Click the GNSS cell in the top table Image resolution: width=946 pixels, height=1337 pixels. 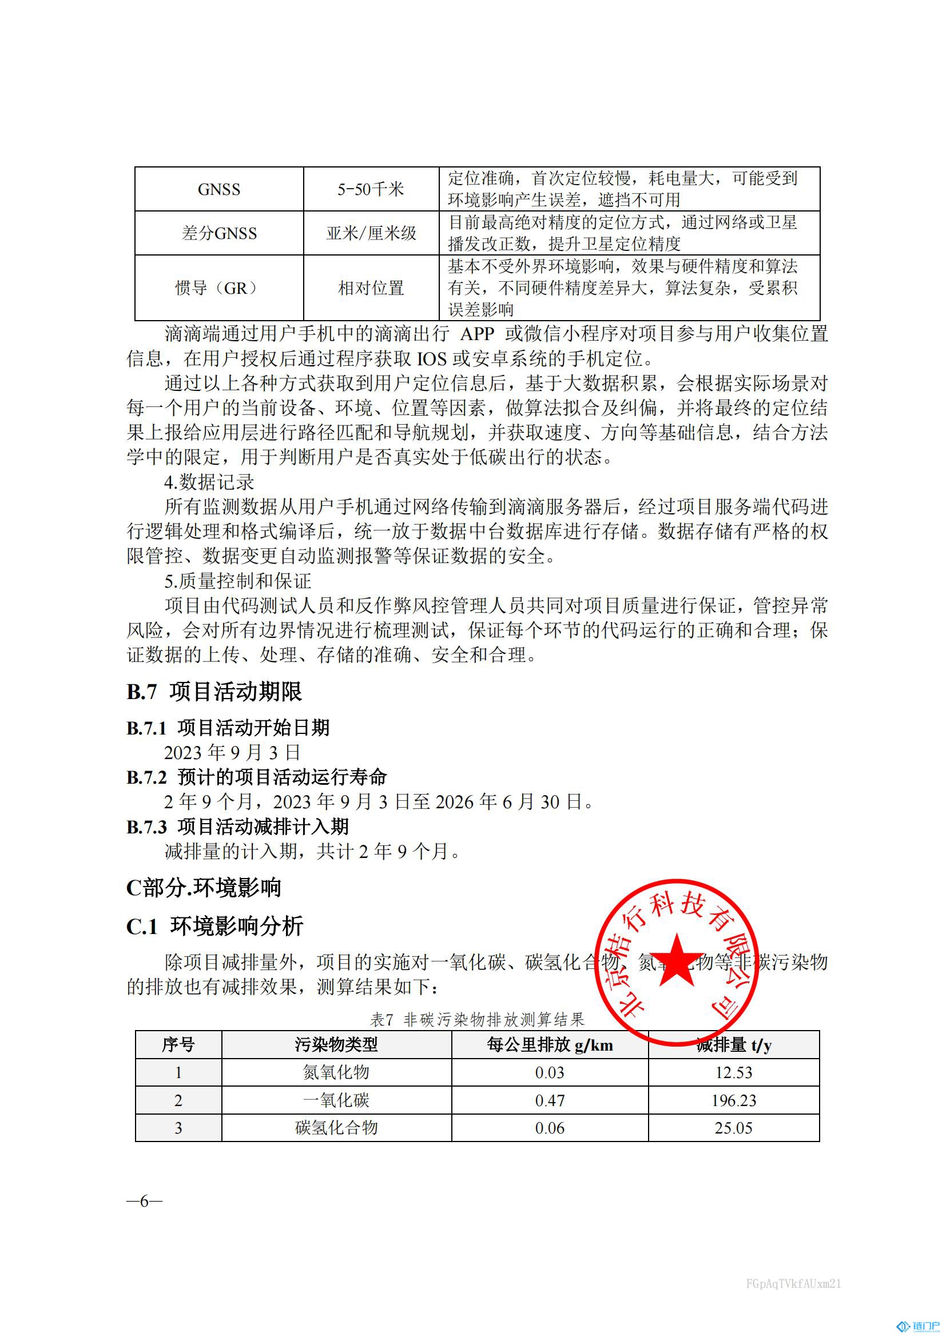219,189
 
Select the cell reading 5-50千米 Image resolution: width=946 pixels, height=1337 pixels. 371,189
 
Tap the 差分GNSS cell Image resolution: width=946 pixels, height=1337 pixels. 219,233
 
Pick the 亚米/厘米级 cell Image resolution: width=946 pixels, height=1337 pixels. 371,233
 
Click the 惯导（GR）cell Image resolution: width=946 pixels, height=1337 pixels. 219,288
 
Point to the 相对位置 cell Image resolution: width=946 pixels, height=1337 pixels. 371,288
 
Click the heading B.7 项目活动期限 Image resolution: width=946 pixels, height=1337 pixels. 214,691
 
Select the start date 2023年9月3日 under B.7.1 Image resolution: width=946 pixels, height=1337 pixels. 232,752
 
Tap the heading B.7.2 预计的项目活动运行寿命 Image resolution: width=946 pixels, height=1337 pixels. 256,777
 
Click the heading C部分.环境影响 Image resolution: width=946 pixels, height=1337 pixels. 204,888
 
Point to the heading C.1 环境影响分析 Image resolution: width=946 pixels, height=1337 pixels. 214,926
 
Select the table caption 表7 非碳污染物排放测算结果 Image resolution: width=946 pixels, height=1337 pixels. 476,1020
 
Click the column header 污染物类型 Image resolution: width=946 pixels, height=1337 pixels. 336,1045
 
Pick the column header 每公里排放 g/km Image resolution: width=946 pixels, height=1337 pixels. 550,1045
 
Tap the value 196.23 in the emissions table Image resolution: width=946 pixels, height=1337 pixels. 733,1100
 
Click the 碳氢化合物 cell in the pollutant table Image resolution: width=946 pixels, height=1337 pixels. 336,1128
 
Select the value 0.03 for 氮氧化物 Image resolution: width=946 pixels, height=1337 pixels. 550,1072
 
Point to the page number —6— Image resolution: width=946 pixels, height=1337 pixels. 145,1201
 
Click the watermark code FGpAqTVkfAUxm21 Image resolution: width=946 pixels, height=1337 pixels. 793,1283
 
